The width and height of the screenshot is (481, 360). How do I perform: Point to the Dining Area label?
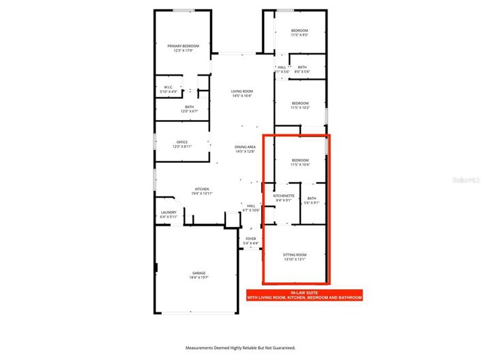coord(245,149)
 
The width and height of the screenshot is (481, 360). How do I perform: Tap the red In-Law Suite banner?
coord(304,295)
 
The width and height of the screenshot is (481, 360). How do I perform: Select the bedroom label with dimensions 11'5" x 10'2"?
coord(300,105)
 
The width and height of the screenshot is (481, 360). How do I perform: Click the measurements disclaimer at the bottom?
coord(240,348)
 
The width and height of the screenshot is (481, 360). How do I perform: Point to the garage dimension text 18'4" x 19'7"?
coord(198,277)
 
